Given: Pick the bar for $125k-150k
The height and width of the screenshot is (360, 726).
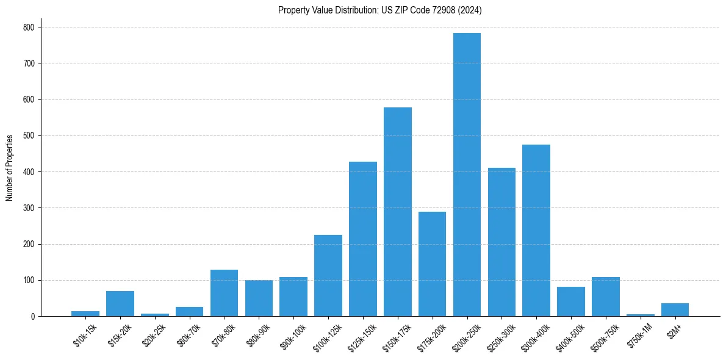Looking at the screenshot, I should pyautogui.click(x=362, y=239).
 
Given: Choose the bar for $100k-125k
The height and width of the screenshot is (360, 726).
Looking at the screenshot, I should pyautogui.click(x=328, y=276).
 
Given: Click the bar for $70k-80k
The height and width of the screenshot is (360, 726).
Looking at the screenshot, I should pyautogui.click(x=224, y=293).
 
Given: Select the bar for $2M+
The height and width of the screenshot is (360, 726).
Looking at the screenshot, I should pyautogui.click(x=675, y=310).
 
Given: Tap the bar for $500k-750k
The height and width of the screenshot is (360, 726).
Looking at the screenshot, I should pyautogui.click(x=605, y=297).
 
